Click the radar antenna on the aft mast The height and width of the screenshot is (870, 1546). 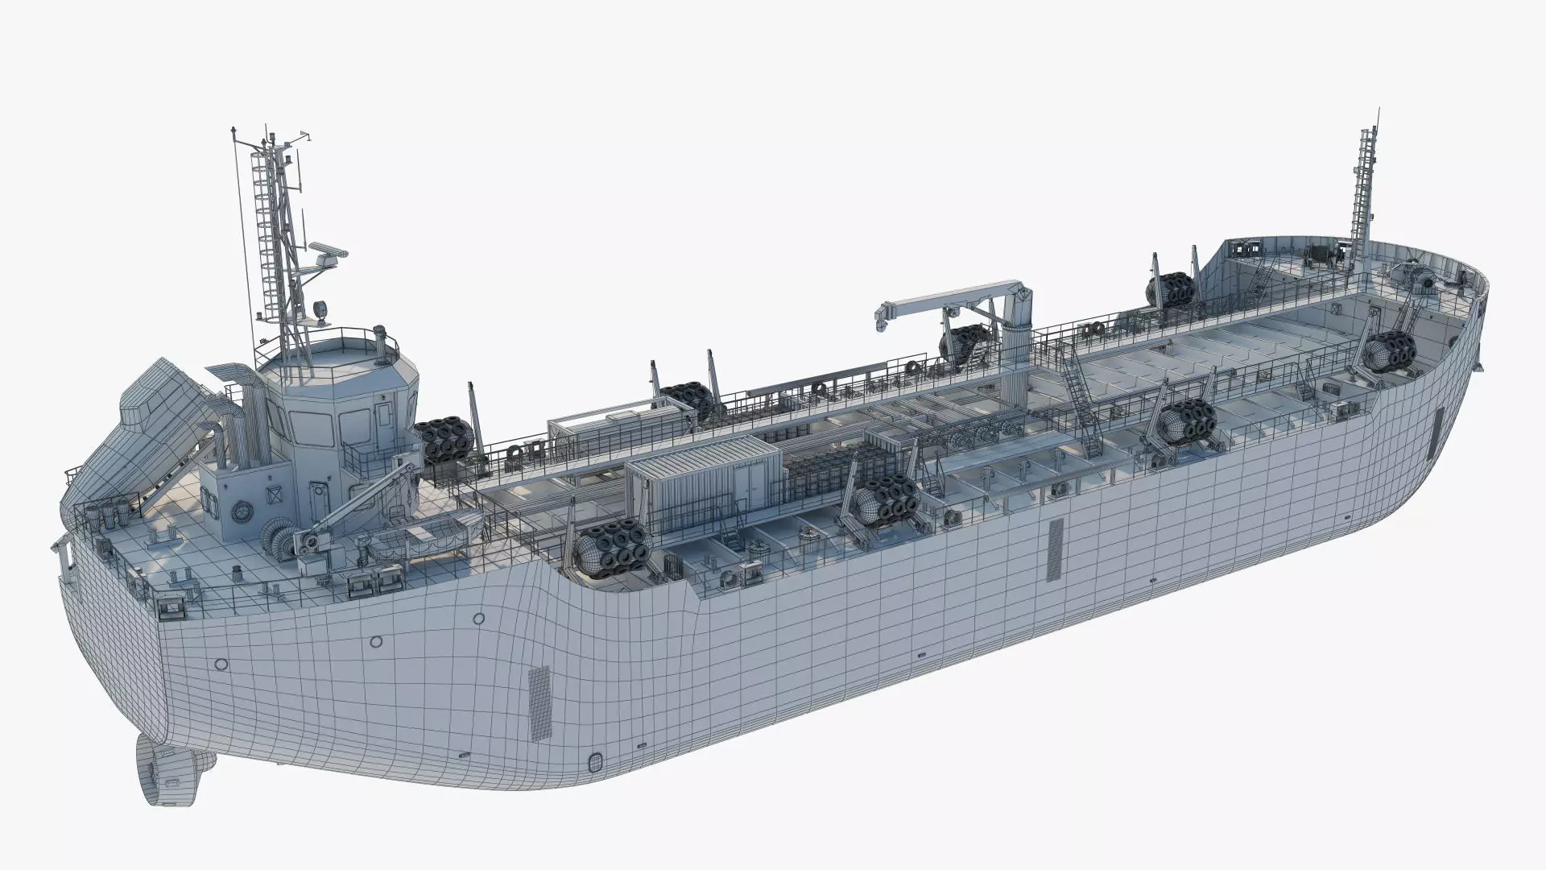[328, 250]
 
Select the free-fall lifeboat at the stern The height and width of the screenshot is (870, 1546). [145, 435]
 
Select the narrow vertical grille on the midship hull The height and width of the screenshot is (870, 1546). [1056, 549]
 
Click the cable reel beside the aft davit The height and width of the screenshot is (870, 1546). [276, 538]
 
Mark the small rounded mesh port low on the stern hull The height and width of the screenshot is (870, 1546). [596, 761]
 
